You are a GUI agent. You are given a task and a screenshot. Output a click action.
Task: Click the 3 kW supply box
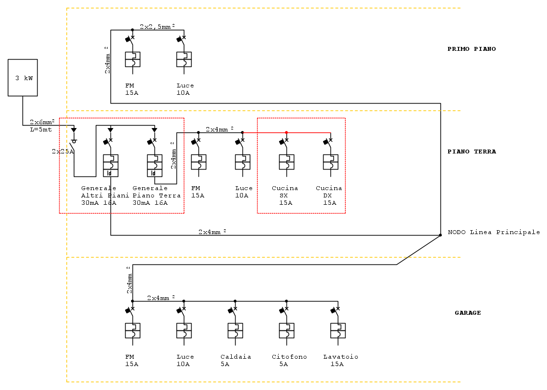tap(22, 78)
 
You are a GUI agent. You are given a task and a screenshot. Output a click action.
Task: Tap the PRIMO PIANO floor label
tap(471, 49)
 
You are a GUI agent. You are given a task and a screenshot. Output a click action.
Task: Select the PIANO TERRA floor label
tap(471, 152)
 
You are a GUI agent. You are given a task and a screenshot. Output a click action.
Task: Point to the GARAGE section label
tap(467, 313)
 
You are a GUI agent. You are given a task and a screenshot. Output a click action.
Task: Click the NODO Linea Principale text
tap(494, 232)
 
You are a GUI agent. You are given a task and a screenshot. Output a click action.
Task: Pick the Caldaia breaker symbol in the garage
tap(235, 330)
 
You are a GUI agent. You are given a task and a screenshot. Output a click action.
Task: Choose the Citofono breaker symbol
tap(286, 330)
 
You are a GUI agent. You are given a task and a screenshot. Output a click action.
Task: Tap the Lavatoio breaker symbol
tap(338, 330)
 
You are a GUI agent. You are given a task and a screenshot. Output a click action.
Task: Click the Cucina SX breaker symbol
tap(286, 162)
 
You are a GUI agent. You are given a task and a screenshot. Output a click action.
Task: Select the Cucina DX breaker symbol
tap(330, 162)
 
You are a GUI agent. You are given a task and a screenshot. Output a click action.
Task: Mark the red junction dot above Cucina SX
tap(286, 132)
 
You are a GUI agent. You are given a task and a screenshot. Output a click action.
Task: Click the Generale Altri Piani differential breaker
tap(110, 165)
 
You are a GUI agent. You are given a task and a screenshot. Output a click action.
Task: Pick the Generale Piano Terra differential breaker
tap(154, 165)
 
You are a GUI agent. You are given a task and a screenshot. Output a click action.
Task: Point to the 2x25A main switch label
tap(62, 152)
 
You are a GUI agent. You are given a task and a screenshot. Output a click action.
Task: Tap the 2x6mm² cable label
tap(42, 122)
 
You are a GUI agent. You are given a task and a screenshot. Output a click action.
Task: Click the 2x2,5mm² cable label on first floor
tap(157, 27)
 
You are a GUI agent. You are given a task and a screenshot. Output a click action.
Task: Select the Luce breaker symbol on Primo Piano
tap(184, 59)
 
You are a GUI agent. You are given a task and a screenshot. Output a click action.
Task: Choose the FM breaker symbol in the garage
tap(132, 330)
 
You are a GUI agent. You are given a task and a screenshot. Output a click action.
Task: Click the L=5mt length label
tap(41, 130)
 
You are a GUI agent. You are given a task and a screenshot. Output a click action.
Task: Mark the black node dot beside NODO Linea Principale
tap(440, 235)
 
